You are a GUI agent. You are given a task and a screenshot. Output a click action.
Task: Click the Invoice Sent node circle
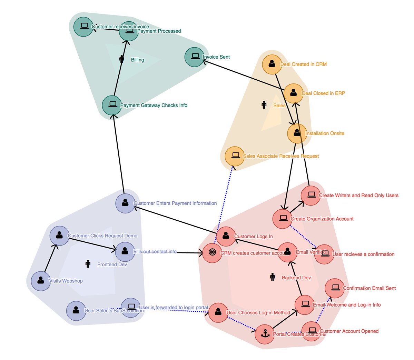tap(195, 57)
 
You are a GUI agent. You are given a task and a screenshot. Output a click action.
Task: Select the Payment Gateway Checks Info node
tap(112, 105)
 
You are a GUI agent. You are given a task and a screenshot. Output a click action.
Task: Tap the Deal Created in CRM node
tap(272, 64)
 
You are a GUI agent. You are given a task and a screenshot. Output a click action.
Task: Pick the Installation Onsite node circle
tap(297, 133)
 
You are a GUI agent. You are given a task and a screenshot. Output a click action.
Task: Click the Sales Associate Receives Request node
tap(235, 156)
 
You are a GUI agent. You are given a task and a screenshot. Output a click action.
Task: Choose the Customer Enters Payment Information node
tap(125, 203)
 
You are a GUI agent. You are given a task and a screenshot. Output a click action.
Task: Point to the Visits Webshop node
tap(41, 281)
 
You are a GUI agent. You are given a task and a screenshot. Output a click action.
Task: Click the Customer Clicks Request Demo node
tap(59, 236)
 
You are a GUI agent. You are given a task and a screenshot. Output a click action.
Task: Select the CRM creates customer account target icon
tap(212, 253)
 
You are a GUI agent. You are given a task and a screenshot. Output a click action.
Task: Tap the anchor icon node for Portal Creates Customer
tap(265, 334)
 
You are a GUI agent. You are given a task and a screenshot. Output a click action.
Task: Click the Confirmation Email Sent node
tap(335, 288)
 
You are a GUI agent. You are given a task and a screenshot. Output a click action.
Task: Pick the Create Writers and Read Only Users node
tap(311, 195)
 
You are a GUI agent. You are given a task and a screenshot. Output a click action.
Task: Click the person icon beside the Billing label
tap(121, 59)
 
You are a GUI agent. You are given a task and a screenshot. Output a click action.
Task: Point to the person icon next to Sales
tap(264, 104)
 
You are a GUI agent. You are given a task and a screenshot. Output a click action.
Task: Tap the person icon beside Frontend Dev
tap(88, 264)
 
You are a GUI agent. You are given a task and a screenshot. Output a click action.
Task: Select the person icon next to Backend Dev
tap(273, 277)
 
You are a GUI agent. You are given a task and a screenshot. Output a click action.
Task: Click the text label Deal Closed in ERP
tap(323, 93)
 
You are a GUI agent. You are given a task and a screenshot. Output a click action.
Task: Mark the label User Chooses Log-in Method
tap(258, 312)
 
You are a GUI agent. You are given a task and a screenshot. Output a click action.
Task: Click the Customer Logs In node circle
tap(226, 236)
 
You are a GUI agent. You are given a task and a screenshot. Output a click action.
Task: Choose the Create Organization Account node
tap(283, 219)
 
